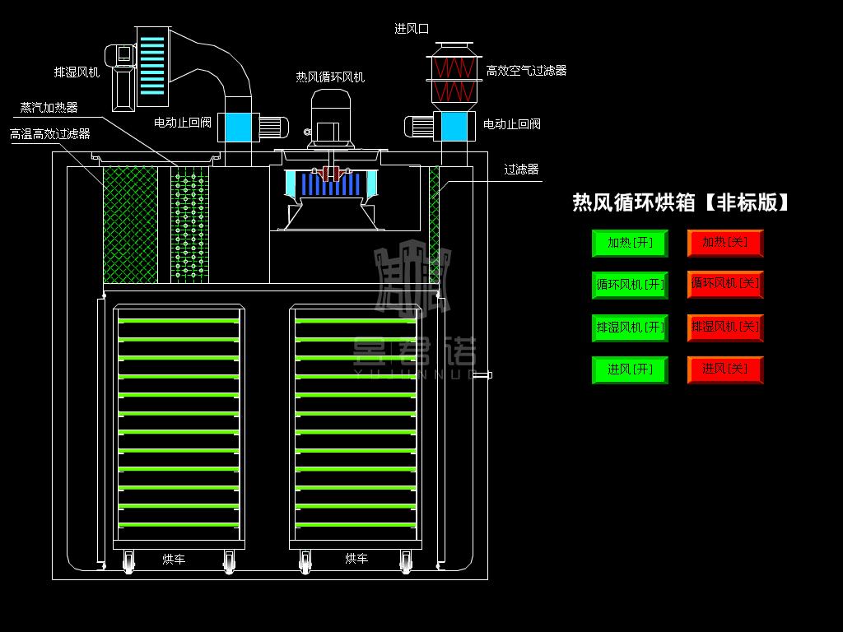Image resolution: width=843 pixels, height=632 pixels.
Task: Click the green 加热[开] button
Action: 630,243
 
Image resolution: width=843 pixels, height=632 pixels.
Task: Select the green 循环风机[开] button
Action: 630,285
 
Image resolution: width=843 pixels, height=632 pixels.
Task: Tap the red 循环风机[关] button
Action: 725,284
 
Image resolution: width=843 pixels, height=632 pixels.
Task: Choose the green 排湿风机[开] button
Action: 630,328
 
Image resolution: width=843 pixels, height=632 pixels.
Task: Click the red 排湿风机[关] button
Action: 725,328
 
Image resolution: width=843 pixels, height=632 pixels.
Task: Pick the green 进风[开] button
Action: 630,369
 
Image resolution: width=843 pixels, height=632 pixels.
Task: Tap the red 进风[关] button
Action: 725,369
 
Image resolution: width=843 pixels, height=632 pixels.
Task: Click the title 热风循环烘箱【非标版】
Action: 681,202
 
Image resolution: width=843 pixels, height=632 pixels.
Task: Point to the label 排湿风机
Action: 77,72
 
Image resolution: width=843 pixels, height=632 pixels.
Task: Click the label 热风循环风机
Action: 330,77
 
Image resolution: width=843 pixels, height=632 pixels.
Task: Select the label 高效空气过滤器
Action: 526,72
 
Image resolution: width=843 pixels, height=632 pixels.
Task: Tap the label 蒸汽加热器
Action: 49,108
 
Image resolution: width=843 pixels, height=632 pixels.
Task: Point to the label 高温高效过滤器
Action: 50,133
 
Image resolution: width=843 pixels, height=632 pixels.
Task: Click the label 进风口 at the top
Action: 412,29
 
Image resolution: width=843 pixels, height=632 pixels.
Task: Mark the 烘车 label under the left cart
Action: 174,560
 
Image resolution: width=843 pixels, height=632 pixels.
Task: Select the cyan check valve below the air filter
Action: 454,127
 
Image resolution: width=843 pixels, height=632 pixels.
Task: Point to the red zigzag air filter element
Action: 454,78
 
